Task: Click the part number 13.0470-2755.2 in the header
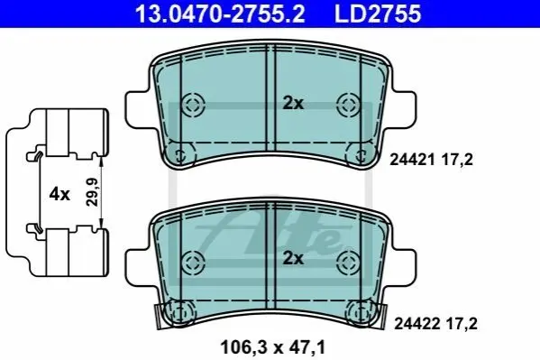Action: pos(220,14)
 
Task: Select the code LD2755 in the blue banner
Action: pos(378,14)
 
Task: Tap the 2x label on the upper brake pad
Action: pos(293,103)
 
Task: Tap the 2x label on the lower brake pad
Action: pos(293,258)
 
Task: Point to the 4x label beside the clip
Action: pos(59,194)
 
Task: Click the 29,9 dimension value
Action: pos(92,192)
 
